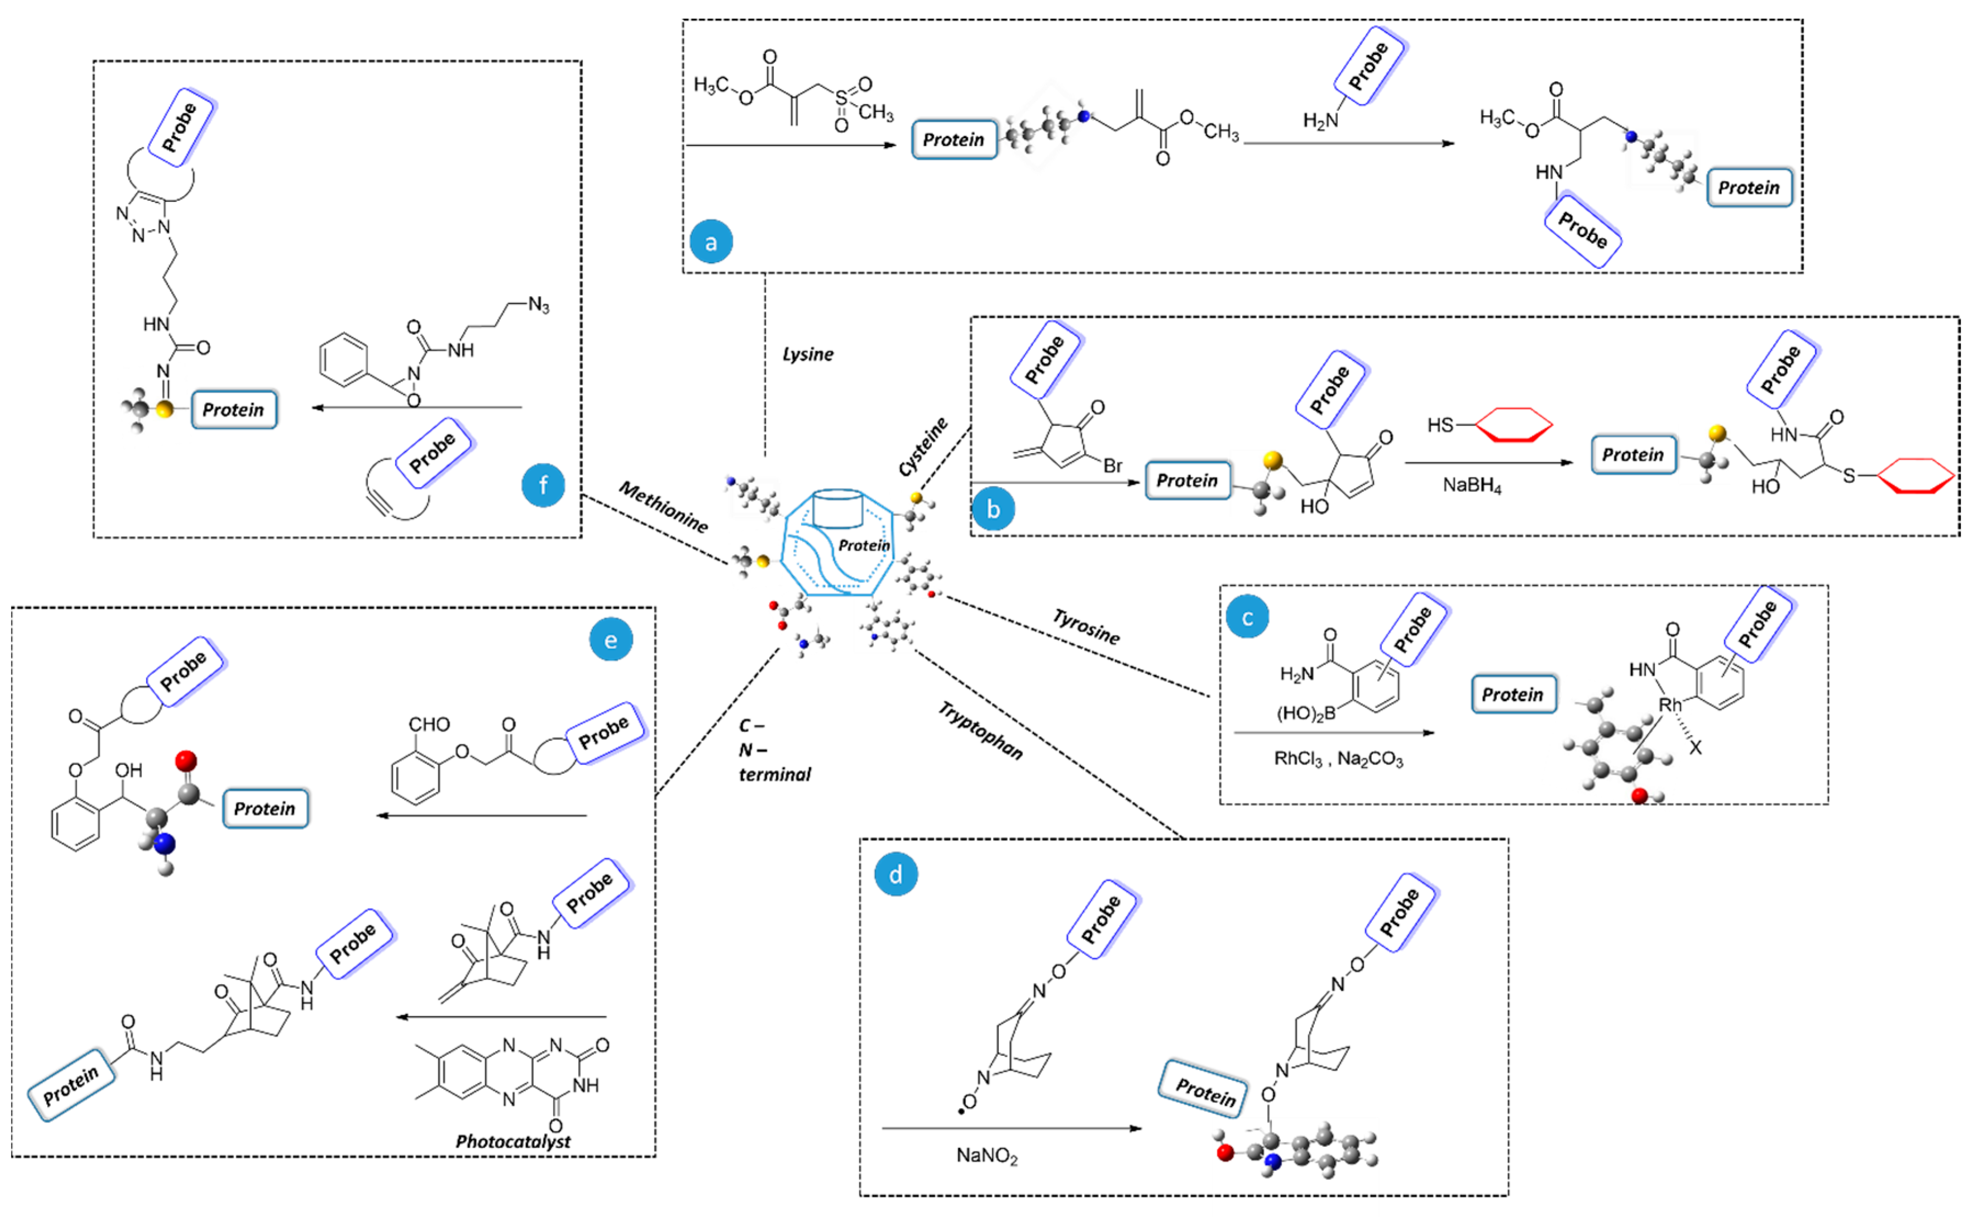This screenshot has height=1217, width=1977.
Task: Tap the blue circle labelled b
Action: coord(993,510)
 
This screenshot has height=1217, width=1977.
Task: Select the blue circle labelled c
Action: coord(1247,618)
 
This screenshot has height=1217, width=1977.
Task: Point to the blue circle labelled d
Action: coord(896,874)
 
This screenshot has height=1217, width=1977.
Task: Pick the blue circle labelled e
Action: coord(611,640)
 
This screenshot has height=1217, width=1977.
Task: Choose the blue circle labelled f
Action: coord(544,485)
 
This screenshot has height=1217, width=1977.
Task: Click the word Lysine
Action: coord(807,354)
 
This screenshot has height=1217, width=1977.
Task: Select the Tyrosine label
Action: coord(1087,627)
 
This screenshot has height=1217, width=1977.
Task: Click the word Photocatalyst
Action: coord(513,1141)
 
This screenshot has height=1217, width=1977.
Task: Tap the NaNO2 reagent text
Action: coord(986,1156)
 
